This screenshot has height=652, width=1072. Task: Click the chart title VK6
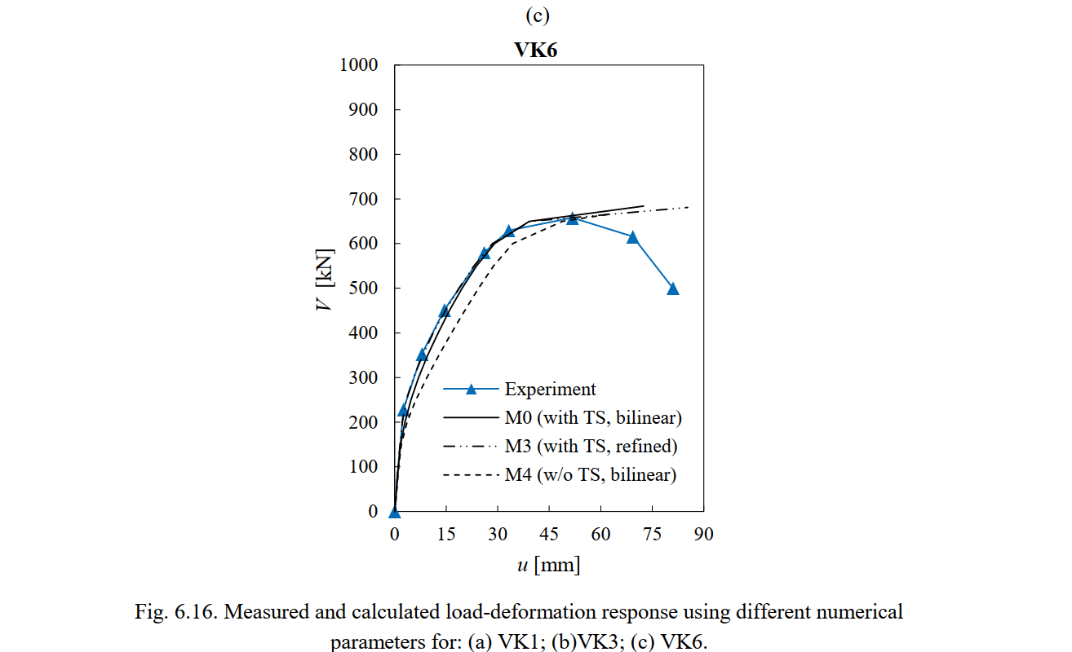pyautogui.click(x=535, y=50)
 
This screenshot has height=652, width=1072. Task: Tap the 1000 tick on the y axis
pyautogui.click(x=359, y=65)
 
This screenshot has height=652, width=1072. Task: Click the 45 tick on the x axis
pyautogui.click(x=549, y=535)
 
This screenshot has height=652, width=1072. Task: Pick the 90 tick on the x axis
pyautogui.click(x=703, y=535)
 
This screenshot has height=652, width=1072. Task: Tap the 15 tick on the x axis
pyautogui.click(x=446, y=535)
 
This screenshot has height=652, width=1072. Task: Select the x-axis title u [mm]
pyautogui.click(x=548, y=565)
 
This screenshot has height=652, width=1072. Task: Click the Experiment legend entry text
pyautogui.click(x=550, y=390)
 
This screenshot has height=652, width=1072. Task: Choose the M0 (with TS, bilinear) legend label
pyautogui.click(x=593, y=418)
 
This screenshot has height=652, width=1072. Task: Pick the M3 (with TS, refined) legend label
pyautogui.click(x=591, y=446)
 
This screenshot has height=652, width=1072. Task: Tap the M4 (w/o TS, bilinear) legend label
pyautogui.click(x=591, y=474)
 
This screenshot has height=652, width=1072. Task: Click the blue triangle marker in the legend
pyautogui.click(x=471, y=390)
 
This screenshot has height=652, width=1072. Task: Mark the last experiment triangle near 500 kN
pyautogui.click(x=673, y=289)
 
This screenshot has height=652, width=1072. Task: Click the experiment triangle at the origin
pyautogui.click(x=395, y=512)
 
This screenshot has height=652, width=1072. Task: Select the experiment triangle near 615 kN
pyautogui.click(x=632, y=237)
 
